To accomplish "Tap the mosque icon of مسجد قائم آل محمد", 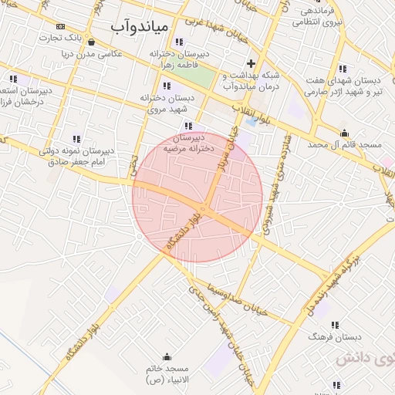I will [345, 133].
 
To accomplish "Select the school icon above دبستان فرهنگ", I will [334, 326].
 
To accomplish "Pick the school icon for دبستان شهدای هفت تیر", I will [344, 68].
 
